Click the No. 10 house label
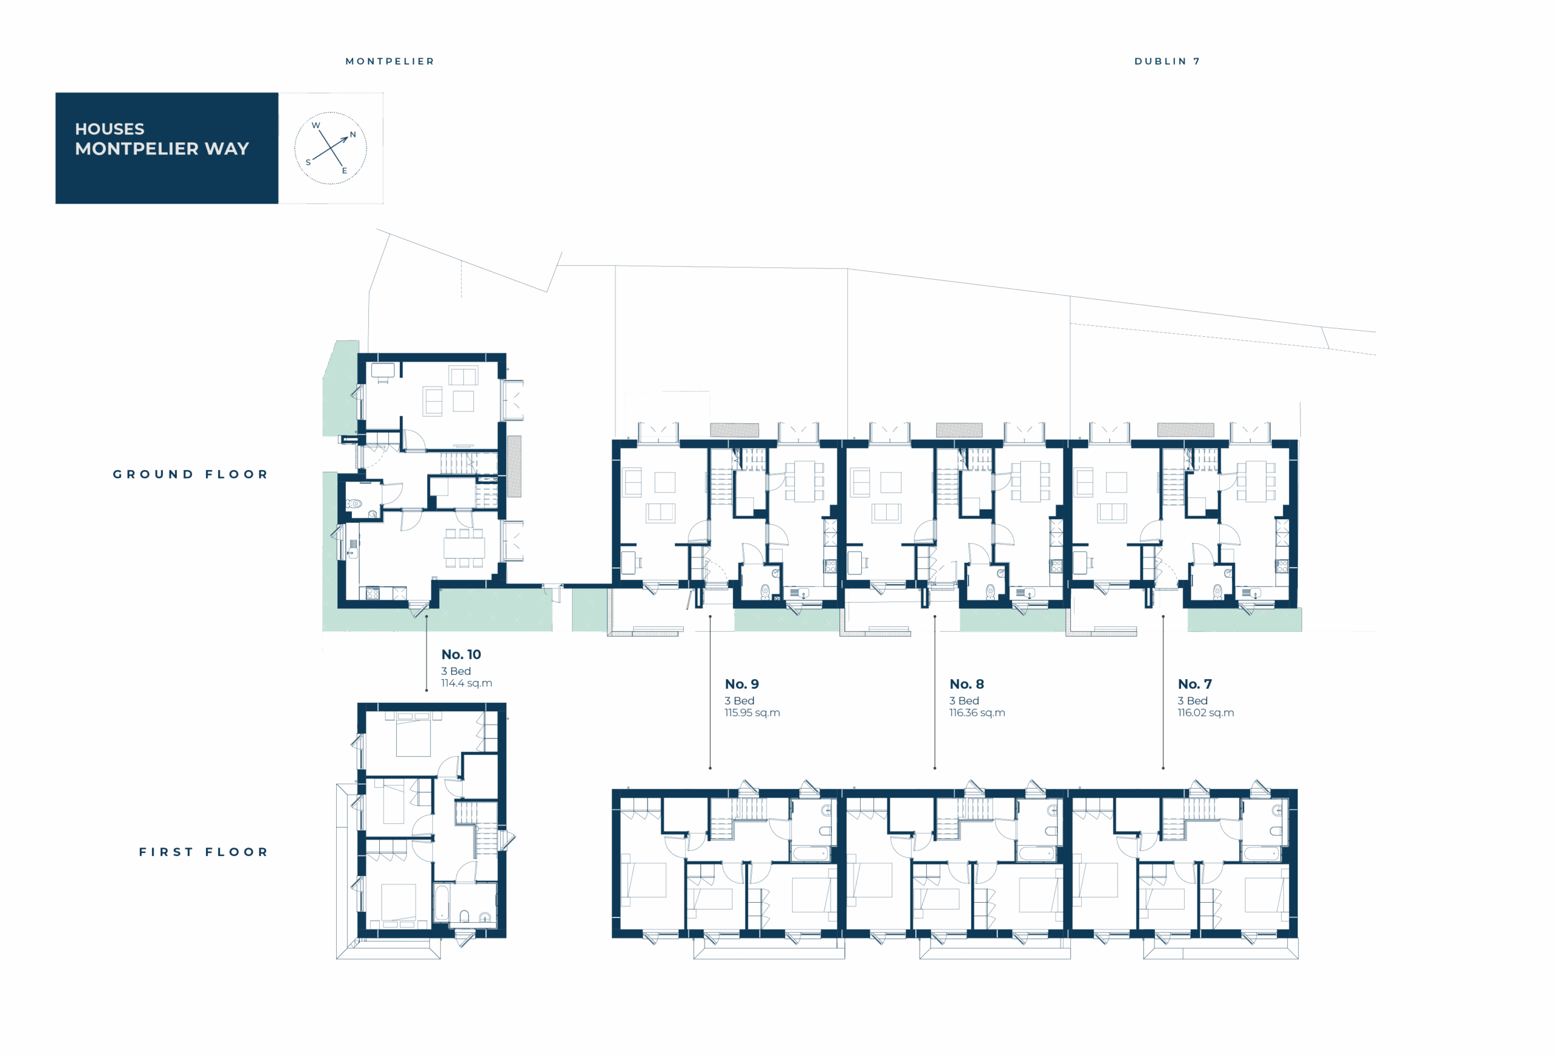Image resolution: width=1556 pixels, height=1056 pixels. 461,654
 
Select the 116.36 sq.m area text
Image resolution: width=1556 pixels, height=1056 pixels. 977,713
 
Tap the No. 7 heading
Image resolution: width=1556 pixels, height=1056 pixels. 1194,684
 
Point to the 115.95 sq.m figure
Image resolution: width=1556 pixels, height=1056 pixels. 752,713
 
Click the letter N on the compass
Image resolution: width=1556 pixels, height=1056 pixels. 353,134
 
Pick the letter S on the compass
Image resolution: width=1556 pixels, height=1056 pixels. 308,162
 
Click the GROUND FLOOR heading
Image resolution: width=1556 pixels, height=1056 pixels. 190,474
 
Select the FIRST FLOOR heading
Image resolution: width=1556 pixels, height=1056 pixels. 204,852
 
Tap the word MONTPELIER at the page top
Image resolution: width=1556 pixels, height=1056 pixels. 390,61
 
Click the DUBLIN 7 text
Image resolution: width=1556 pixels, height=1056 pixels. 1167,61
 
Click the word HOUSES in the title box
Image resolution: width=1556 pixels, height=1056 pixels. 110,128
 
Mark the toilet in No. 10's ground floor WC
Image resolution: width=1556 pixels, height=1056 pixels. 353,503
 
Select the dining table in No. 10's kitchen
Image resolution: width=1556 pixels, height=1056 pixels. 464,548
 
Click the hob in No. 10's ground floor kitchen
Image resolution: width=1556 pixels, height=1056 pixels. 372,593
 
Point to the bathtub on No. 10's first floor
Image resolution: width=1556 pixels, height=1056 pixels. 441,904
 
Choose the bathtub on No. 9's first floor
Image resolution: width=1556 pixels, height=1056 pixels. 811,854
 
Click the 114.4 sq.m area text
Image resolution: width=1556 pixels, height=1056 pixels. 467,683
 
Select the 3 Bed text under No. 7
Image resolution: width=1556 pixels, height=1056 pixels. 1193,700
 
